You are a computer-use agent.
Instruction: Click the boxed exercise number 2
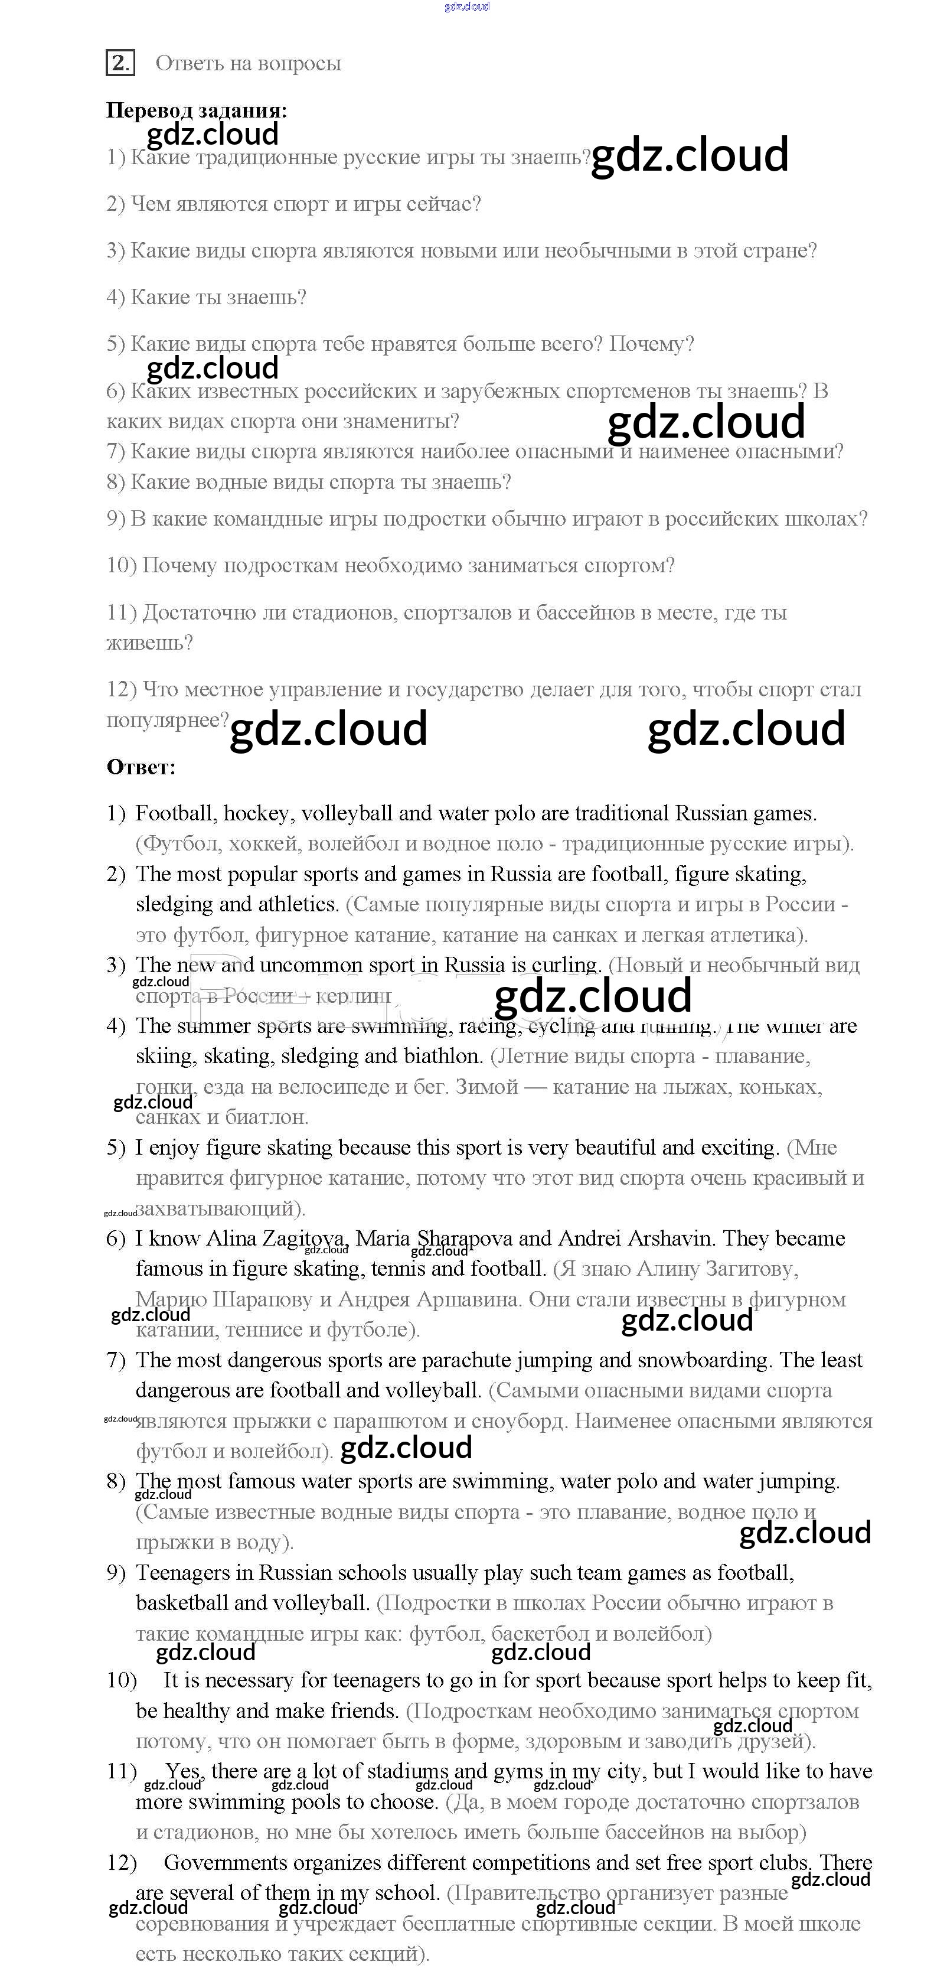(119, 63)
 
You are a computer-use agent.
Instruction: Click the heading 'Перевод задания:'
(196, 110)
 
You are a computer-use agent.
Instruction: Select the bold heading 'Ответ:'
(141, 767)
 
